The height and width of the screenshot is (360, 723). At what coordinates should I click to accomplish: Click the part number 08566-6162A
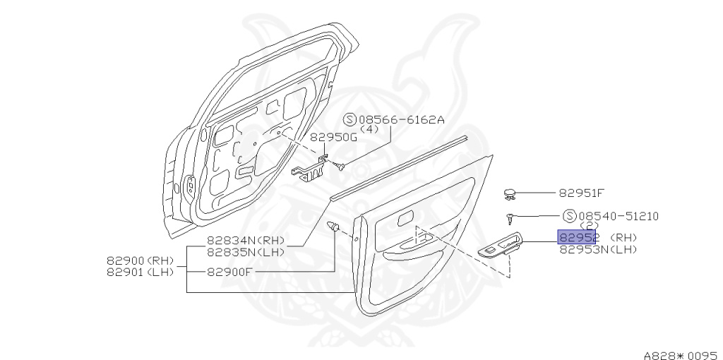[x=402, y=120]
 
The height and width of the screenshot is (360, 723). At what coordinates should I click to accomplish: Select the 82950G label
[x=333, y=137]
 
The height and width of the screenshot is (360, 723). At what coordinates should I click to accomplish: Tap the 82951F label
[x=582, y=192]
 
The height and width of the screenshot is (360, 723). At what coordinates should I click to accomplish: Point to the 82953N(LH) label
[x=598, y=248]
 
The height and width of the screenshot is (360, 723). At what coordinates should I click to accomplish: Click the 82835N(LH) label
[x=245, y=251]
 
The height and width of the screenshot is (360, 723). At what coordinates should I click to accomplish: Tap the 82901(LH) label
[x=140, y=272]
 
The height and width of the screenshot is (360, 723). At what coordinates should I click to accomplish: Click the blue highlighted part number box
[x=577, y=237]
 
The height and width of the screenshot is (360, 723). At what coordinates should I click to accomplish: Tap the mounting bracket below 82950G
[x=310, y=169]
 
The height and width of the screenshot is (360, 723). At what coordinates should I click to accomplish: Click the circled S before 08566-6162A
[x=350, y=120]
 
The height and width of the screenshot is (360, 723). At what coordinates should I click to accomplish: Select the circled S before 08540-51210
[x=569, y=216]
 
